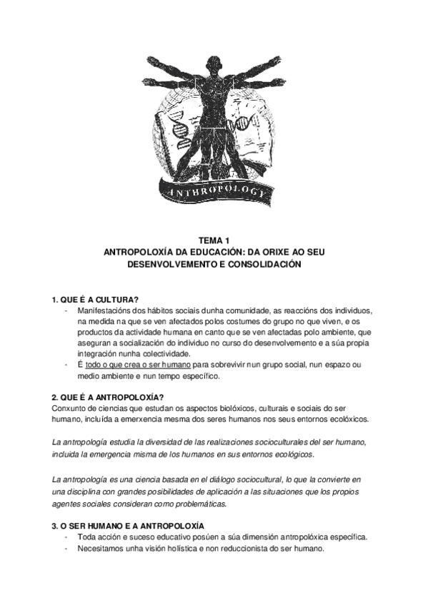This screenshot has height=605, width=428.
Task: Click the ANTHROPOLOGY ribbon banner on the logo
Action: coord(214,192)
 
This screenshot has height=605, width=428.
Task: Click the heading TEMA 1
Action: coord(214,241)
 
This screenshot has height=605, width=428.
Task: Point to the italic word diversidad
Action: coord(164,442)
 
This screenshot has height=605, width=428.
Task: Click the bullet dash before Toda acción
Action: coord(66,537)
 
